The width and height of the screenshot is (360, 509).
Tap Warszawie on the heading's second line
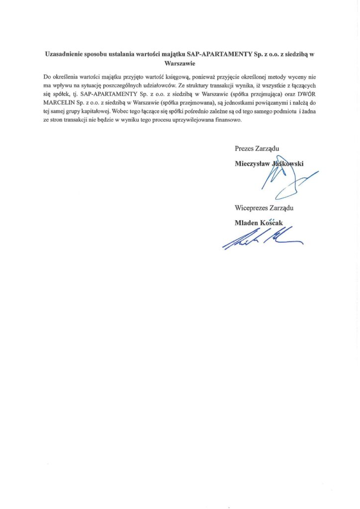coord(180,64)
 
